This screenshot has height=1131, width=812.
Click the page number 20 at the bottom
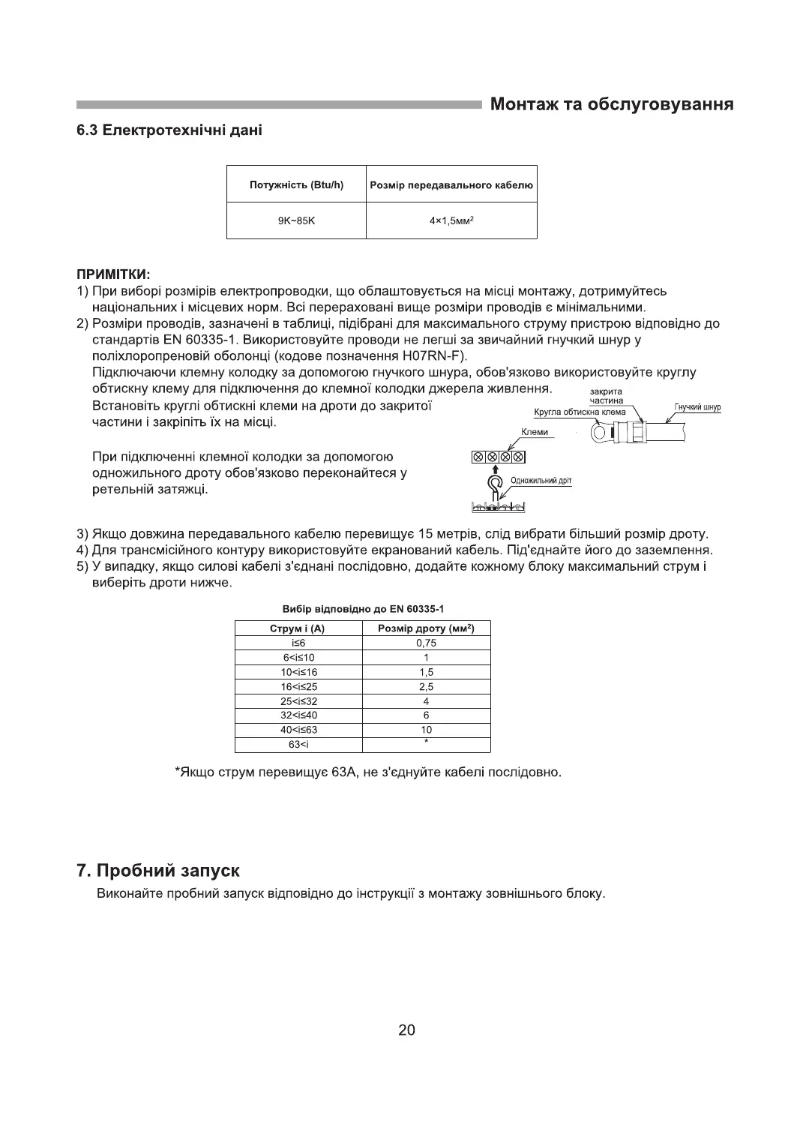(x=406, y=1030)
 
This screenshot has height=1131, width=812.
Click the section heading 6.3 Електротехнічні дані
(x=169, y=130)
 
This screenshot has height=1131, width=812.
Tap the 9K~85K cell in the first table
(x=296, y=220)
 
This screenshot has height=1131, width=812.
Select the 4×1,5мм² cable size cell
(x=451, y=220)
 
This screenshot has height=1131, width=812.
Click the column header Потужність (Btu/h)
(x=296, y=184)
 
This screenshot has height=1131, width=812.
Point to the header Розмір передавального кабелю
(x=451, y=184)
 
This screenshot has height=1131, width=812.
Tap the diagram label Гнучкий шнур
(x=697, y=407)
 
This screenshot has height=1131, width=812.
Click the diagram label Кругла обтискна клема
(x=580, y=412)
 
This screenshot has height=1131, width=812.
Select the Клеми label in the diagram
(x=535, y=432)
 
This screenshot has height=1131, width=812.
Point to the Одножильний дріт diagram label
(x=541, y=481)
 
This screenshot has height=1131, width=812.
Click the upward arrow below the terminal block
(x=495, y=469)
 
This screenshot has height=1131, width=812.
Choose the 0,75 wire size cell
(x=426, y=643)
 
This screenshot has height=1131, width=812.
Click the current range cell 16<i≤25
(x=298, y=686)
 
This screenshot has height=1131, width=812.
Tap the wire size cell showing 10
(x=426, y=730)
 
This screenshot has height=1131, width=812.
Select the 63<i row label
(x=298, y=744)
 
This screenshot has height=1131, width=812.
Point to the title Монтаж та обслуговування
(x=611, y=104)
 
